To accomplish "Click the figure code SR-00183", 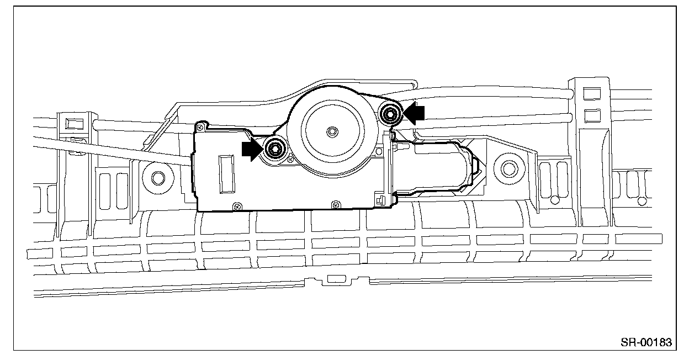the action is (646, 342).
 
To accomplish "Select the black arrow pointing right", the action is (253, 150).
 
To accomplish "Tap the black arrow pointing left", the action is (414, 113).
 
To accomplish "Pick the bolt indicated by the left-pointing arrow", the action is (390, 115).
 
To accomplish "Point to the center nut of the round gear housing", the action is (332, 132).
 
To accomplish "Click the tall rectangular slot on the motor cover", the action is (227, 174).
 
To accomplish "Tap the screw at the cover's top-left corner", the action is (200, 127).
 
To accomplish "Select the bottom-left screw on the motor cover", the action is (237, 207).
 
